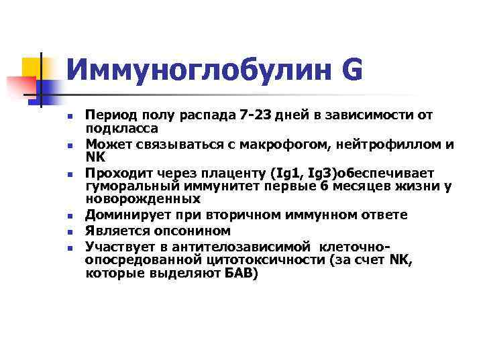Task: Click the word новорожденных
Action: click(x=142, y=199)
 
